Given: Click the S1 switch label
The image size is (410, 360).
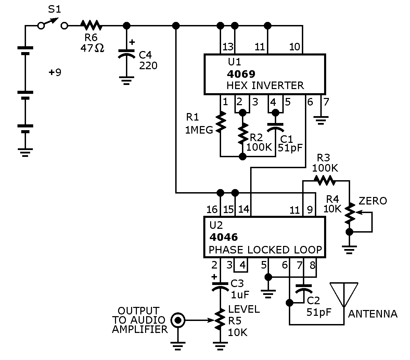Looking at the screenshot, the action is point(54,9).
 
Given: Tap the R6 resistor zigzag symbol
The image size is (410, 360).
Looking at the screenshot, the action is point(91,26).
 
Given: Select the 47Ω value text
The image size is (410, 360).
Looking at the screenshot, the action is point(92,48).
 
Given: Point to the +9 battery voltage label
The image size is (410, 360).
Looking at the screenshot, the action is point(55,72).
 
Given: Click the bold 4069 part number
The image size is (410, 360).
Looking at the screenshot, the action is point(241,74).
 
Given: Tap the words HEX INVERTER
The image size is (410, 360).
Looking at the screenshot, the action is point(265,86).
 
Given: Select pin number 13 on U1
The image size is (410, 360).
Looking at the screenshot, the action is point(228,47).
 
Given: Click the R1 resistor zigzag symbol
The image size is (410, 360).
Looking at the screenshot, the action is point(221,121).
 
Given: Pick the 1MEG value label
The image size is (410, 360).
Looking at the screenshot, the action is point(199,130).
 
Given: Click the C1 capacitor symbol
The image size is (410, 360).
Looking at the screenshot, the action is point(276,128).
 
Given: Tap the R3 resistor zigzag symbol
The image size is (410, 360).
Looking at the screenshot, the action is point(324,181).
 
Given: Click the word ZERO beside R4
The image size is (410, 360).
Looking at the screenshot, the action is point(373,201).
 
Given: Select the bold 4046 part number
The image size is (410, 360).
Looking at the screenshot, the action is point(223,237).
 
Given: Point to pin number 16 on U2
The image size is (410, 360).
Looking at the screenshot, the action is point(212,210).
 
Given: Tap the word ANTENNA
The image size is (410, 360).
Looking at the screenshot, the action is point(373,314).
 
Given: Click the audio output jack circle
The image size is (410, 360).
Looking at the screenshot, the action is point(178,320).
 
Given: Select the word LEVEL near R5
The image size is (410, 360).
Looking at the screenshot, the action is point(244,309).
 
